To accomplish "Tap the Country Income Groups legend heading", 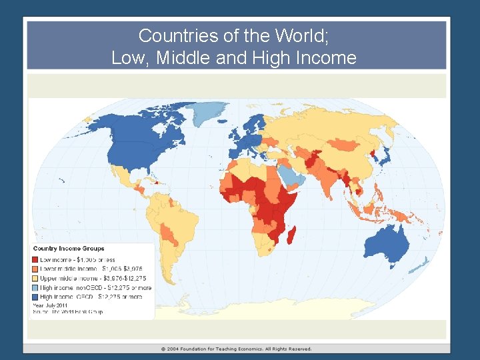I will [69, 249].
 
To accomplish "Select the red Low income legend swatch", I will [35, 259].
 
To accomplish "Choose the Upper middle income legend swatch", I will [35, 278].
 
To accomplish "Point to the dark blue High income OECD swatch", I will [35, 297].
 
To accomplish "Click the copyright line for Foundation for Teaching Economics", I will [236, 349].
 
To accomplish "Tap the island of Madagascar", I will [292, 233].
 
